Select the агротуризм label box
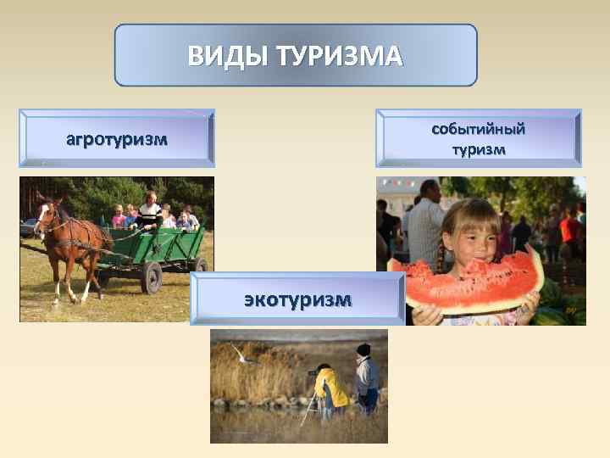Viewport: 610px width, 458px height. [117, 138]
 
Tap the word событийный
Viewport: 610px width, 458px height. [479, 129]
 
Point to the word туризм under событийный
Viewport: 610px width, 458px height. [479, 150]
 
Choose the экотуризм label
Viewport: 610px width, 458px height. [297, 299]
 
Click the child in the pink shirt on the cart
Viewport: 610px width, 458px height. [119, 217]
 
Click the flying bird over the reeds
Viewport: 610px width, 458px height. [246, 356]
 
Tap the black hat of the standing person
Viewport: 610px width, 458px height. [363, 349]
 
